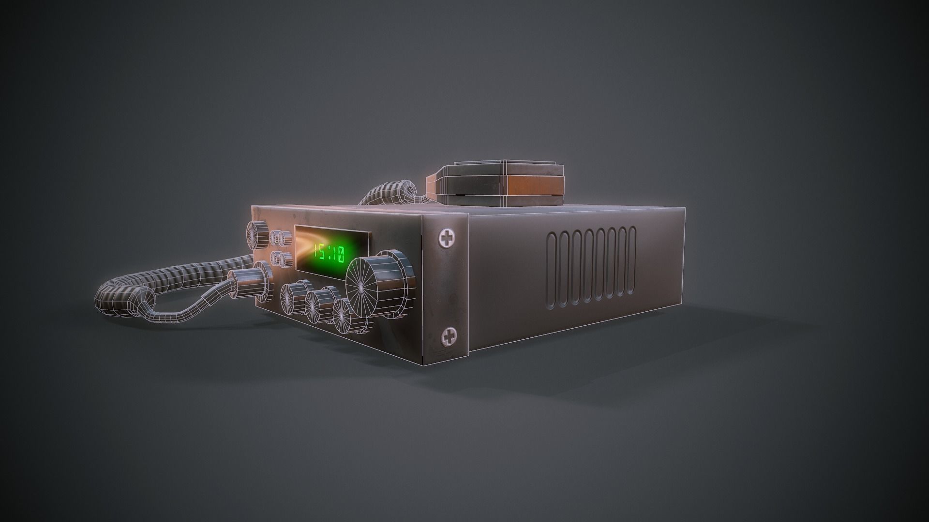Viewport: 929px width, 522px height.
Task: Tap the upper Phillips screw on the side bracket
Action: (x=448, y=238)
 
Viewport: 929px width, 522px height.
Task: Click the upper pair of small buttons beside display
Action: (x=280, y=238)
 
